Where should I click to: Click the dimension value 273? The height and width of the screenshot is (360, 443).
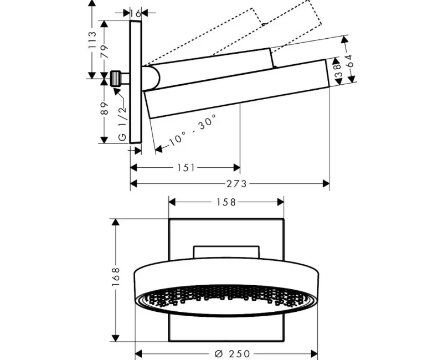236,184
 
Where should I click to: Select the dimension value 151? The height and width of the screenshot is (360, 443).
186,168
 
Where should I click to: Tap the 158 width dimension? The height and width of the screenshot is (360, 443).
226,202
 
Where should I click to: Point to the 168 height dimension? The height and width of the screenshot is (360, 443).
116,277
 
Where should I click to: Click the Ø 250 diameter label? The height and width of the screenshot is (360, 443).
232,353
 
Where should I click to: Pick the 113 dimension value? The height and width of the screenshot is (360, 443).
92,41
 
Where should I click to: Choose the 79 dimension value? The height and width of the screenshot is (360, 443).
105,52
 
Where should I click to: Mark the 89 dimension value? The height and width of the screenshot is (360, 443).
105,108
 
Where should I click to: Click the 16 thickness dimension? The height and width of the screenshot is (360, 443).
136,13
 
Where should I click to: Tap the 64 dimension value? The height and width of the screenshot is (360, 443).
350,61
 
